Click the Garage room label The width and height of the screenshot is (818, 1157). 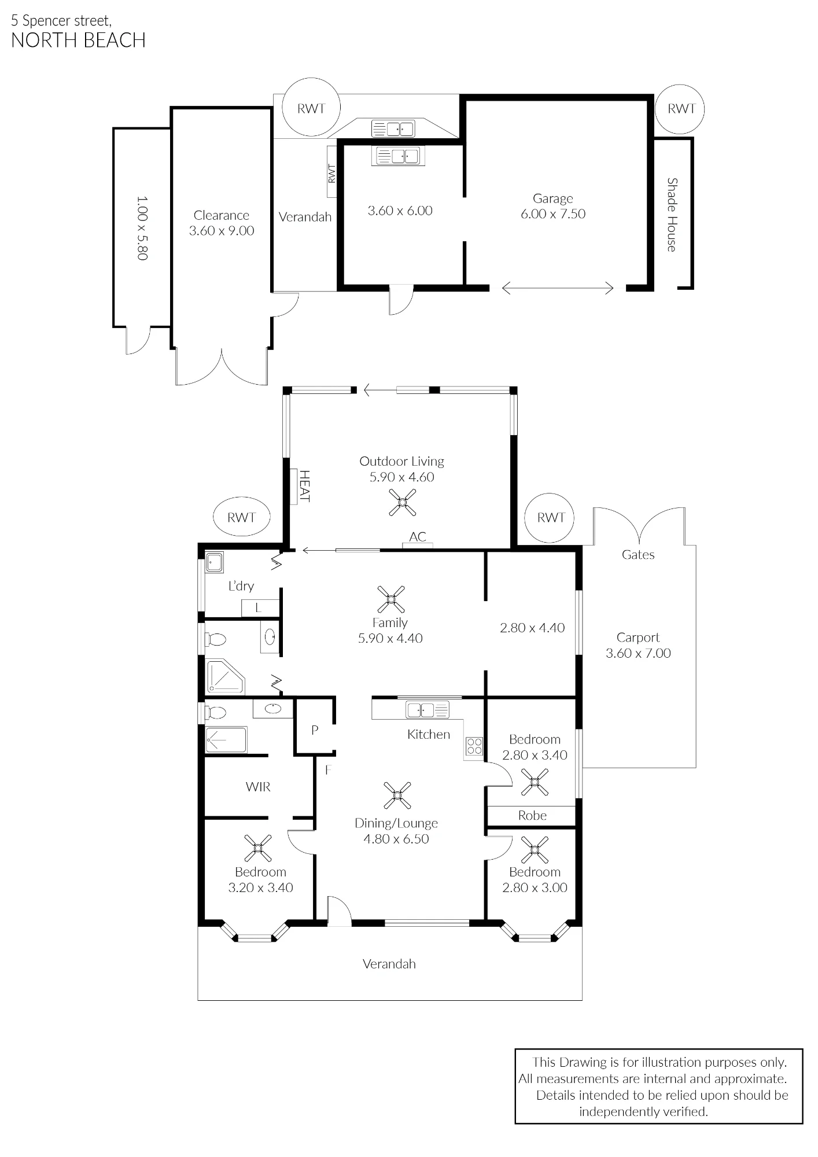point(552,198)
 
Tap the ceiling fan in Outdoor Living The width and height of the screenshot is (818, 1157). point(403,502)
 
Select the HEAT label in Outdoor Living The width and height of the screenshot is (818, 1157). point(304,486)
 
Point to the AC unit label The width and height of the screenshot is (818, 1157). point(418,537)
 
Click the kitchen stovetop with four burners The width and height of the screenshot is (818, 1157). point(474,746)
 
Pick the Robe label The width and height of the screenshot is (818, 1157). point(532,815)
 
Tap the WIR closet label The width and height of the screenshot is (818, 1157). point(258,787)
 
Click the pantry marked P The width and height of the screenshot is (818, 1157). point(315,730)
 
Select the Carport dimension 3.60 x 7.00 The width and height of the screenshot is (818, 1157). point(638,653)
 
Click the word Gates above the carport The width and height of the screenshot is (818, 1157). point(638,555)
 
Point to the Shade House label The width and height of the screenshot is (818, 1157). point(672,215)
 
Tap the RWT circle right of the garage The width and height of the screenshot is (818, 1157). point(680,109)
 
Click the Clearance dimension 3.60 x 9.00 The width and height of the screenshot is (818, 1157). point(222,230)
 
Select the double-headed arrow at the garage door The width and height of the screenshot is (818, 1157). point(558,288)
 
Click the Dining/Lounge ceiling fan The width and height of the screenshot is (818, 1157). point(397,795)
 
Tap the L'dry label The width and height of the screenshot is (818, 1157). point(241,586)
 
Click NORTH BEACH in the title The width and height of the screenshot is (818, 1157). point(78,40)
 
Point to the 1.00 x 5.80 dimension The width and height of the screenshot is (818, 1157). point(142,228)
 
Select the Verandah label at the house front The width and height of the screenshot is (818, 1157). point(389,964)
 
